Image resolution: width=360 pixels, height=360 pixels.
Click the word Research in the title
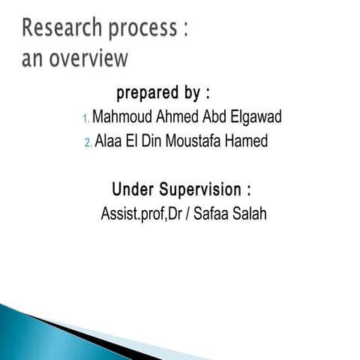pos(62,29)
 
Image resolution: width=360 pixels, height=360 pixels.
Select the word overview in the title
pos(89,58)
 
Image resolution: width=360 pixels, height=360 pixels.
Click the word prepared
pos(146,94)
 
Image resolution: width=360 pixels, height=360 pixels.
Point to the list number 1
pos(85,118)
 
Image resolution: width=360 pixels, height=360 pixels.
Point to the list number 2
pos(88,142)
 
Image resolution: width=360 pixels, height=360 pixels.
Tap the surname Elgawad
pos(257,118)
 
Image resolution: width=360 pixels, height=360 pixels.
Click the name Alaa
pos(109,142)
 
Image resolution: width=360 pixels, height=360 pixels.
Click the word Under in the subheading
pos(132,188)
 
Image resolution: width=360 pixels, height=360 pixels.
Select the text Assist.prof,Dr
pos(142,214)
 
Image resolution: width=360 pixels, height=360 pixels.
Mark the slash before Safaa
pos(191,214)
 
